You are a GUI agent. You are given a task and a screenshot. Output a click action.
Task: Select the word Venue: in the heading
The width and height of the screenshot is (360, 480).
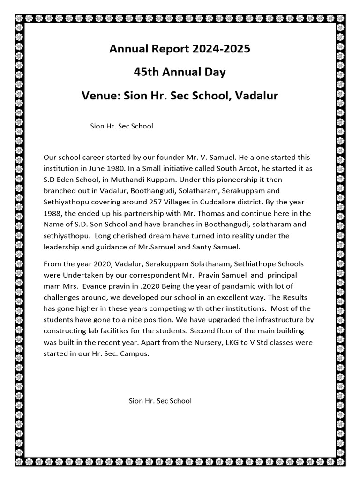[101, 96]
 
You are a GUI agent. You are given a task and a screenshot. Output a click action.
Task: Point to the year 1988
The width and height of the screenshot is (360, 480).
[53, 213]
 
